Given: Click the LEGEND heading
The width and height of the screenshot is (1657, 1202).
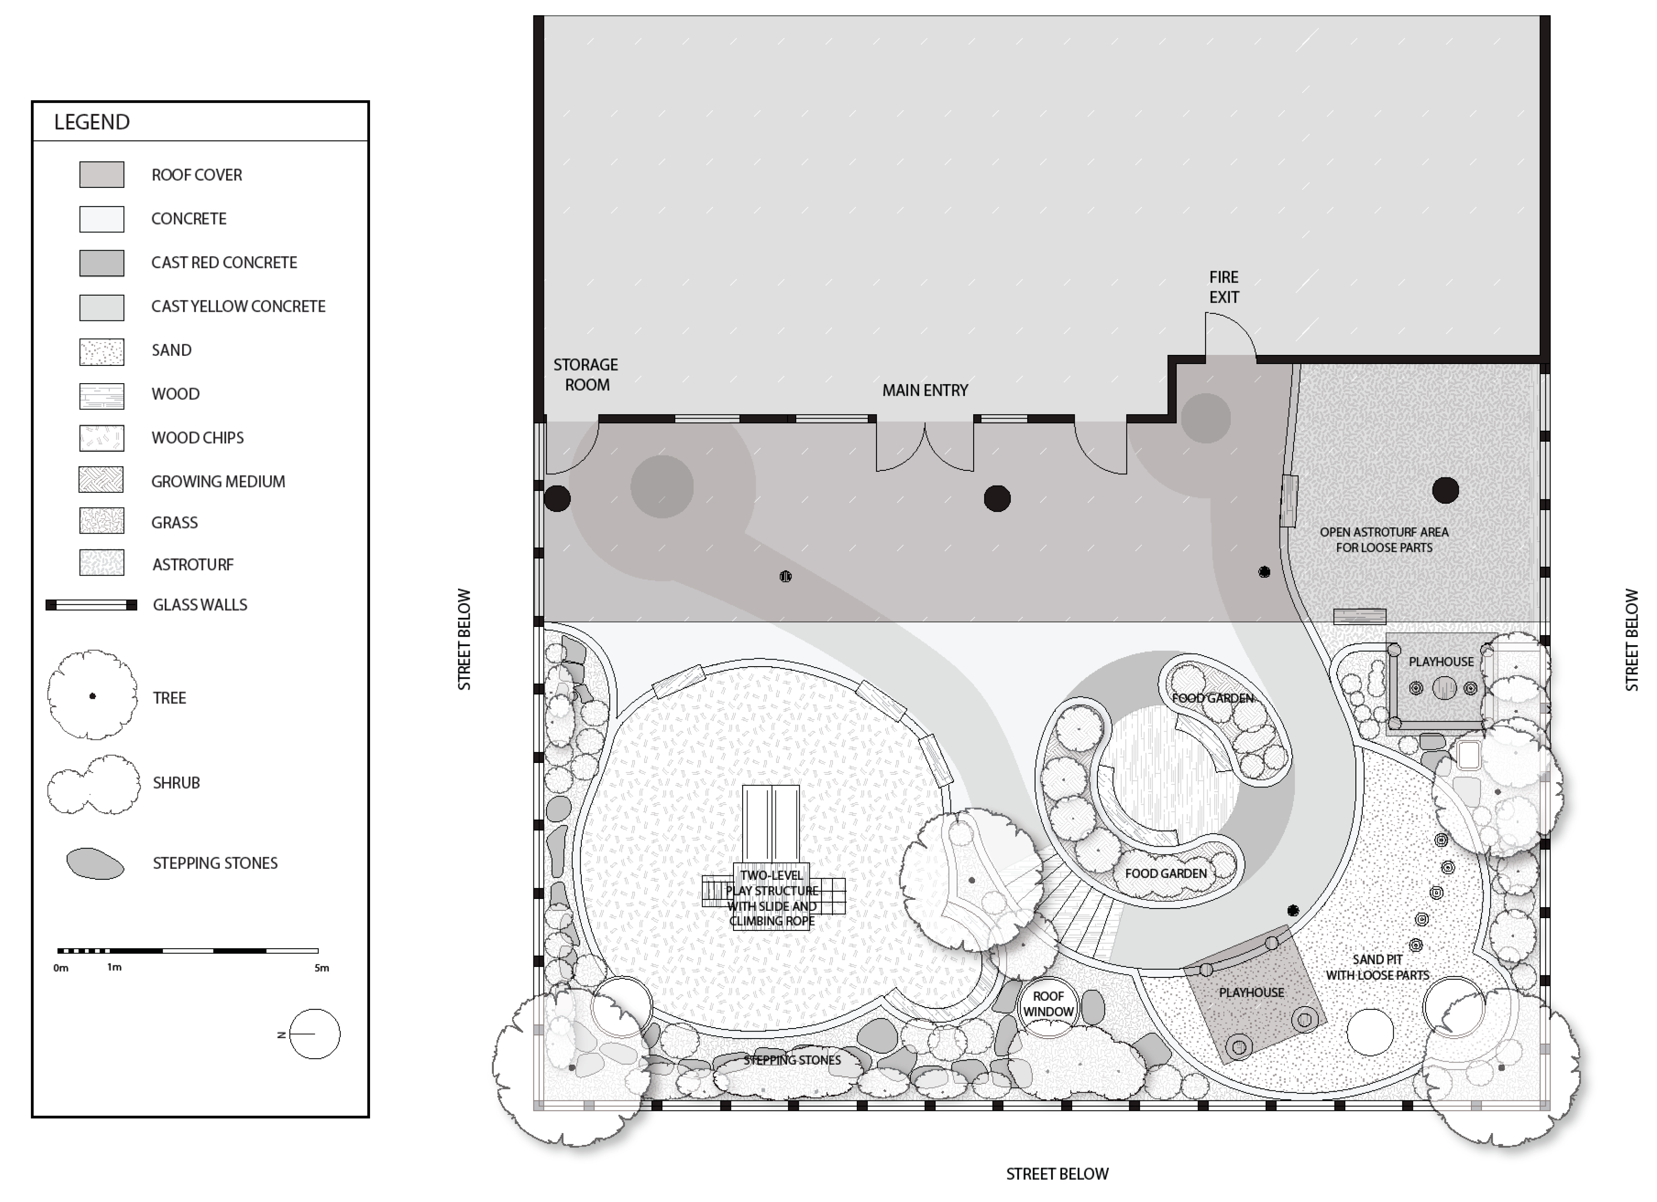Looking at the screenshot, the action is (92, 122).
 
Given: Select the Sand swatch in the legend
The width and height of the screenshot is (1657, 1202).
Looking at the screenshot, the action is (102, 351).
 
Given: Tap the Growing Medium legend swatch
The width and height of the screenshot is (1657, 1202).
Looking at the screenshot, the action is (102, 480).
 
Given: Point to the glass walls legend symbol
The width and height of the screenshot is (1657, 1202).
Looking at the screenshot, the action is (92, 605).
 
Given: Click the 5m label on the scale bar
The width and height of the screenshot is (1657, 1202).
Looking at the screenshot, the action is (322, 968).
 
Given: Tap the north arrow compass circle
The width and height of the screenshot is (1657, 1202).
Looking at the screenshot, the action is (315, 1034).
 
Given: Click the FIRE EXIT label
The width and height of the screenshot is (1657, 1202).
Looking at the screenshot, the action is (1224, 287).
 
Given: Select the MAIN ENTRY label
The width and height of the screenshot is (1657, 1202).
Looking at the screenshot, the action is (925, 391).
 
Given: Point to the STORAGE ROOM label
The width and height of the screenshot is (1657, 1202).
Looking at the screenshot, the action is (586, 375).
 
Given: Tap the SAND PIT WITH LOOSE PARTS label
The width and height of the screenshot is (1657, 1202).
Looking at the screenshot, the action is (1377, 967).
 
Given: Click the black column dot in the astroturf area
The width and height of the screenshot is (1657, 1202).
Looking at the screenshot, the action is (1445, 490).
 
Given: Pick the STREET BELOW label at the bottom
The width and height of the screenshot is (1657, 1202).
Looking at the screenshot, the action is (1057, 1174).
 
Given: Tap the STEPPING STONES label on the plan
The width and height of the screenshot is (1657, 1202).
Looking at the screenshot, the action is (792, 1060).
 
